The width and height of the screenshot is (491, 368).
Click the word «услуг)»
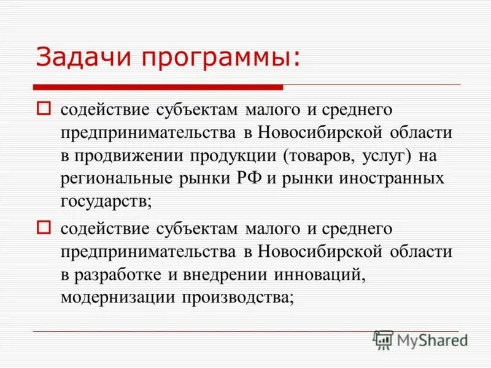click(385, 156)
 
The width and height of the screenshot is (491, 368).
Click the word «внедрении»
click(224, 275)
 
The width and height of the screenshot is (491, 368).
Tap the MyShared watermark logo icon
click(384, 340)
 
